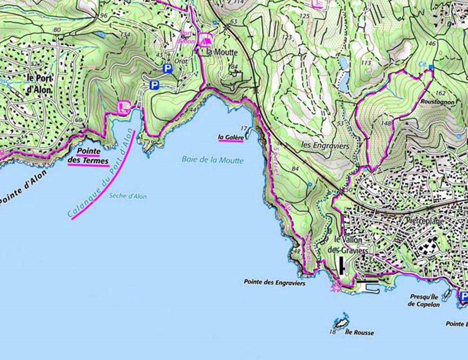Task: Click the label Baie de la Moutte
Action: pyautogui.click(x=212, y=160)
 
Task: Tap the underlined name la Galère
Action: pyautogui.click(x=230, y=137)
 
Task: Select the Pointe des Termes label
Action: pyautogui.click(x=88, y=156)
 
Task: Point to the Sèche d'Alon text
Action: pyautogui.click(x=127, y=196)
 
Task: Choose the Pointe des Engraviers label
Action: pyautogui.click(x=274, y=283)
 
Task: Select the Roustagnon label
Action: pyautogui.click(x=437, y=102)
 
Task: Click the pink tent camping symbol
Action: pyautogui.click(x=204, y=40)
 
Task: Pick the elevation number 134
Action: pyautogui.click(x=125, y=35)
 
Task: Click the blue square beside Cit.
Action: pyautogui.click(x=431, y=67)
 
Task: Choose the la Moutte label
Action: pyautogui.click(x=222, y=52)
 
